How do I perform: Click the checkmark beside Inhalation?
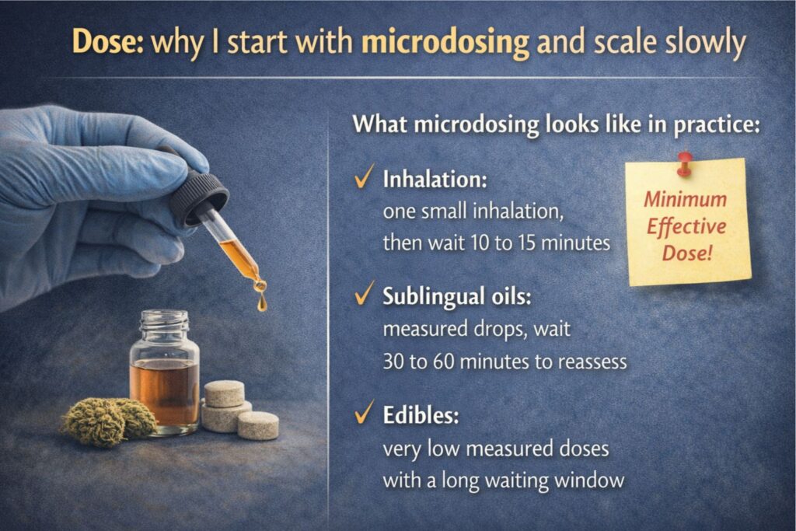[x=361, y=180]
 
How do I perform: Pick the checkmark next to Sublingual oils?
[x=361, y=297]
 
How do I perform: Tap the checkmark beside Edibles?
[x=361, y=414]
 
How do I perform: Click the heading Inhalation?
[x=435, y=180]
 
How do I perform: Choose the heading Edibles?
[x=421, y=415]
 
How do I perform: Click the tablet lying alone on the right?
[x=258, y=425]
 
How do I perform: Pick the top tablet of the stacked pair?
[x=224, y=393]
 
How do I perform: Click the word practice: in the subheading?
[x=715, y=124]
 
